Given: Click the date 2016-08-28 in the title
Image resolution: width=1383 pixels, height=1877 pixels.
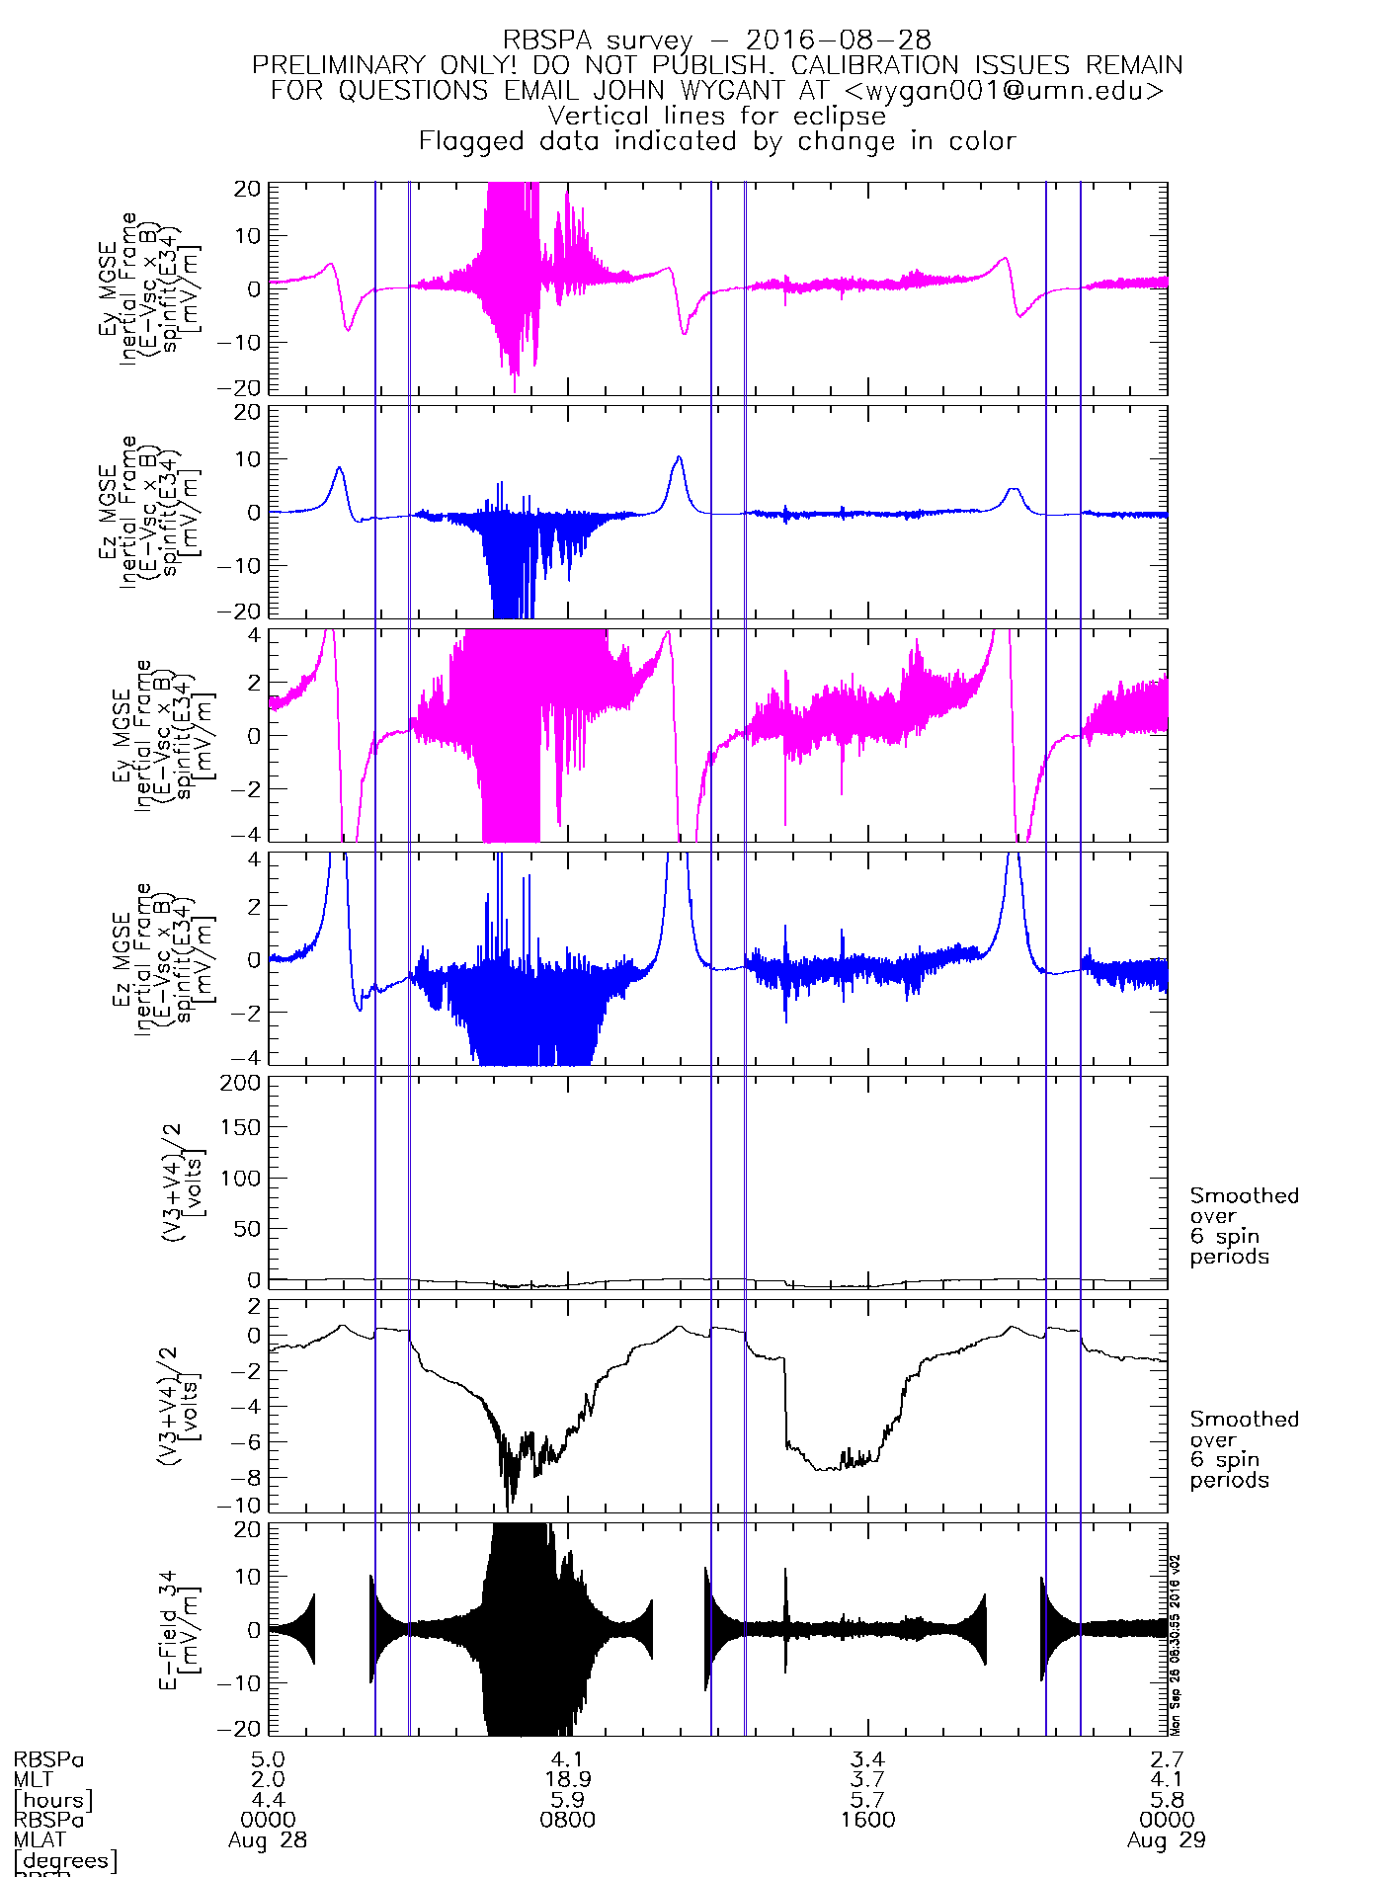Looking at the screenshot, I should click(x=838, y=41).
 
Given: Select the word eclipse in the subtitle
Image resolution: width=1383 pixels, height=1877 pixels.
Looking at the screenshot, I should click(x=840, y=116).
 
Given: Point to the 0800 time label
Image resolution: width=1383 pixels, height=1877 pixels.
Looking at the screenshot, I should click(x=567, y=1819).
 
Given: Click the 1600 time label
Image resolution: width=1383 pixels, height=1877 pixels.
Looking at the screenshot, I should click(x=867, y=1819).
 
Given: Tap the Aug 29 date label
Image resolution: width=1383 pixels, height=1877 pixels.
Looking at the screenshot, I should click(x=1166, y=1840).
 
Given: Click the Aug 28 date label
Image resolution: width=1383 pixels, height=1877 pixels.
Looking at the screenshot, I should click(x=268, y=1840).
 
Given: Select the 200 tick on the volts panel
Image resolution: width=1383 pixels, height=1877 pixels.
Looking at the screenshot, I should click(x=243, y=1083).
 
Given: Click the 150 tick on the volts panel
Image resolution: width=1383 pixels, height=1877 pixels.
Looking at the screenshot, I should click(x=243, y=1127).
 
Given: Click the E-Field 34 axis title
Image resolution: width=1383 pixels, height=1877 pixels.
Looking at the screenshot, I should click(x=169, y=1630).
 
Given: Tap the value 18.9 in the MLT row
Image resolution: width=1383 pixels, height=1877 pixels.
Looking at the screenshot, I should click(x=567, y=1779).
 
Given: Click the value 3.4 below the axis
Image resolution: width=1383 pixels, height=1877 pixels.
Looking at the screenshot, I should click(x=867, y=1759).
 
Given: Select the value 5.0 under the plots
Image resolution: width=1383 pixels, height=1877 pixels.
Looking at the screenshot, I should click(x=268, y=1759).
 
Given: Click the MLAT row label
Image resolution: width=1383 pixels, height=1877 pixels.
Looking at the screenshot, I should click(x=40, y=1839).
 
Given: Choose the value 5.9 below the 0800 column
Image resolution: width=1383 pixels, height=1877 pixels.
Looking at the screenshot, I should click(x=567, y=1800).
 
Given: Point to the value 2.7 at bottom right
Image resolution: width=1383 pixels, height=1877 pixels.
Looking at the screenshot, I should click(x=1166, y=1759).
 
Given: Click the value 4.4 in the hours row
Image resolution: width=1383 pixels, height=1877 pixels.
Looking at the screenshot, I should click(x=268, y=1800).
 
